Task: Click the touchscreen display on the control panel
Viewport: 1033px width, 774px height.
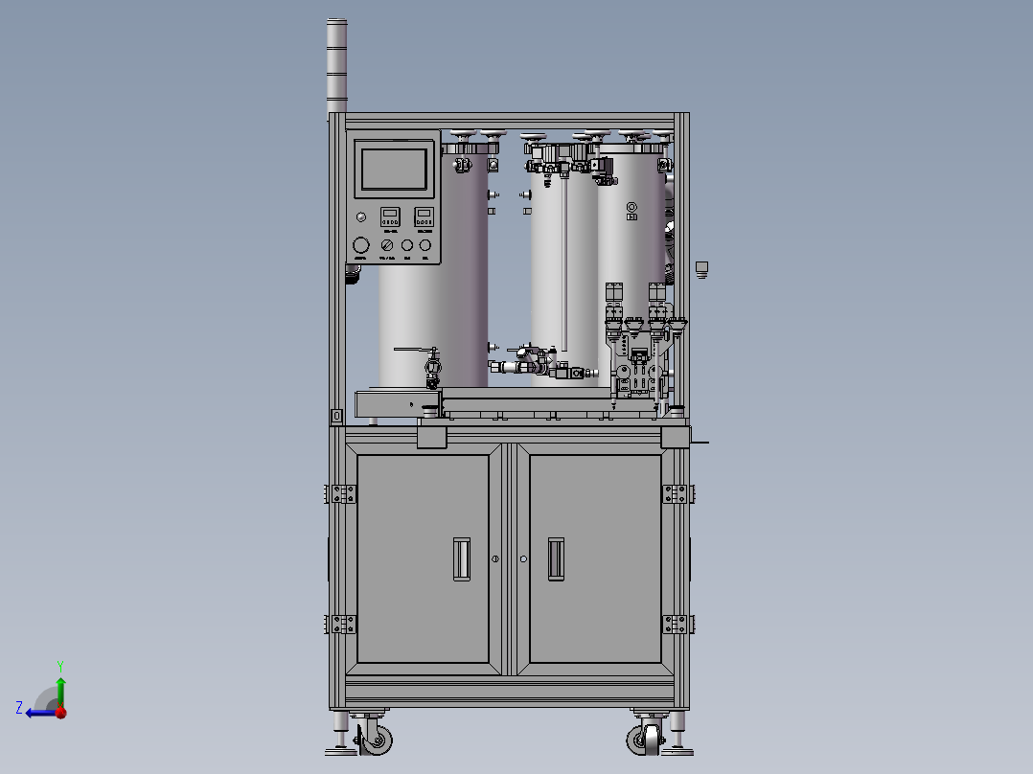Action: (x=394, y=169)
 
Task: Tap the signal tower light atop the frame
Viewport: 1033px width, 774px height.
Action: (x=337, y=63)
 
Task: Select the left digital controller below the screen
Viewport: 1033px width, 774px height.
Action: (x=391, y=217)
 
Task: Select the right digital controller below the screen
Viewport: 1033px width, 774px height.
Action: (x=424, y=217)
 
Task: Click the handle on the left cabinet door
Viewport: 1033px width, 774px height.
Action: (x=461, y=558)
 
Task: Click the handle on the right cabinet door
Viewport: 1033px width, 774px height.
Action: (x=555, y=558)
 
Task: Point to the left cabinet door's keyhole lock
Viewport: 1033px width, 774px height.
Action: (x=495, y=558)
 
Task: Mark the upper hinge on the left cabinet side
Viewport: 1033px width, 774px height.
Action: (x=341, y=493)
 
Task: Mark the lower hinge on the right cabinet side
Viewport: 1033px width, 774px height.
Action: (x=677, y=624)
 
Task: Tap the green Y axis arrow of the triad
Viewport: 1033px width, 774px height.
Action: (x=59, y=681)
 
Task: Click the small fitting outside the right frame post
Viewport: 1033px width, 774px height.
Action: (x=701, y=268)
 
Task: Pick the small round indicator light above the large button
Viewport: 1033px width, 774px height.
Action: (x=360, y=216)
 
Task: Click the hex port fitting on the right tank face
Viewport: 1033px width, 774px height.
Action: (x=631, y=208)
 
